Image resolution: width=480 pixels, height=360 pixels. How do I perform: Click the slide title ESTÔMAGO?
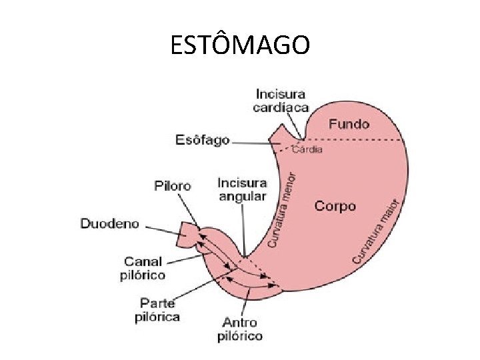[x=239, y=45]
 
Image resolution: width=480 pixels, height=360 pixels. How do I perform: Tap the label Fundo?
[x=349, y=123]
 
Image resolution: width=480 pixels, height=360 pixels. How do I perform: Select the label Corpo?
[x=335, y=205]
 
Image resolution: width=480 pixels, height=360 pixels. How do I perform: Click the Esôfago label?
[x=202, y=140]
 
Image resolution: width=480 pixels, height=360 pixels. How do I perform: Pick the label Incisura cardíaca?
[x=281, y=101]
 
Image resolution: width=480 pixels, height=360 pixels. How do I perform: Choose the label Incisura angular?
[x=242, y=189]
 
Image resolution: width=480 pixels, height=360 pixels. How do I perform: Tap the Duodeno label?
[x=110, y=223]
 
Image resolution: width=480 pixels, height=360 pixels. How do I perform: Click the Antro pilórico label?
[x=240, y=329]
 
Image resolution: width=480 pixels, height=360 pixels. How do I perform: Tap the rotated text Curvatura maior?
[x=377, y=230]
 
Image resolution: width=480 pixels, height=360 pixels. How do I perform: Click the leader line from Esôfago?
[x=253, y=143]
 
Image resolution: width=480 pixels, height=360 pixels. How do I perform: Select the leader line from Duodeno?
[x=163, y=230]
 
